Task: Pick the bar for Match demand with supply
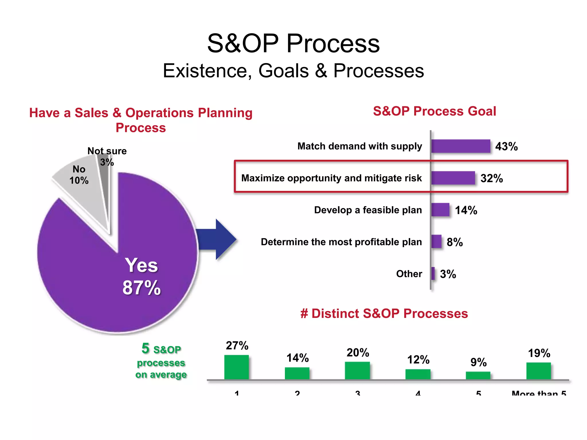click(x=460, y=146)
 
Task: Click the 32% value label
click(x=492, y=178)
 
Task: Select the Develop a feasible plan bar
click(x=440, y=210)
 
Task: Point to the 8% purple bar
click(x=436, y=241)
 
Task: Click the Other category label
click(x=409, y=274)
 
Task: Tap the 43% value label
click(x=506, y=146)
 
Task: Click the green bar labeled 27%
click(x=236, y=367)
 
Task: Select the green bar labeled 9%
click(x=478, y=376)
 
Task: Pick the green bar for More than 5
click(x=538, y=371)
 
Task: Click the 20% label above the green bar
click(x=357, y=353)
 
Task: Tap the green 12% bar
click(x=418, y=374)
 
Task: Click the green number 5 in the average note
click(x=145, y=349)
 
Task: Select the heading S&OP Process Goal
click(x=434, y=111)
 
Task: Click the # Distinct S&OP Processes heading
click(x=384, y=313)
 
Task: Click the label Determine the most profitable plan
click(x=341, y=242)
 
